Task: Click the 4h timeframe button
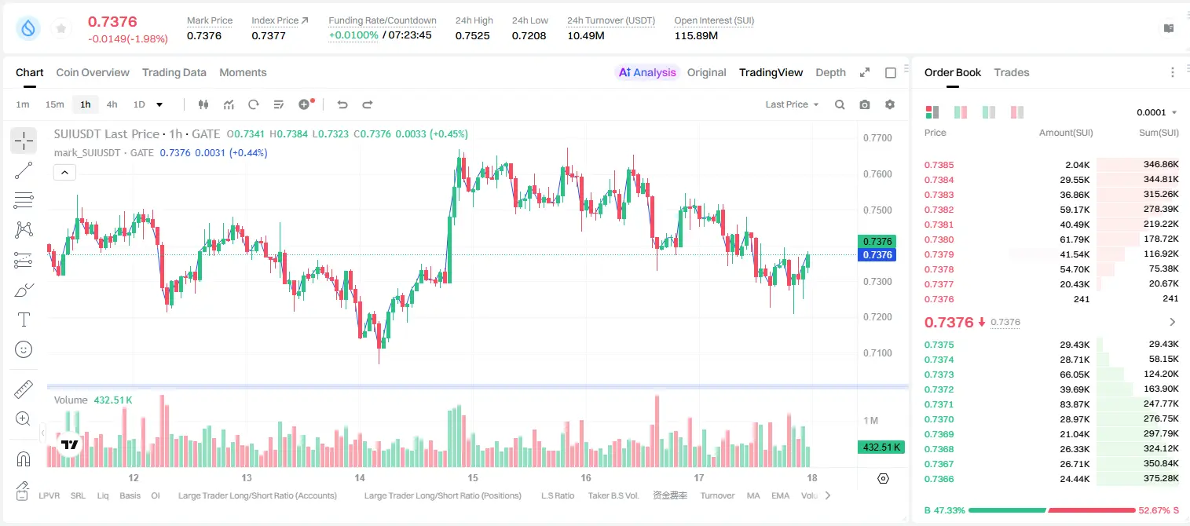point(112,104)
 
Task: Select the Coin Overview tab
point(93,72)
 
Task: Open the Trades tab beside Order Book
point(1012,72)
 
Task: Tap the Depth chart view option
point(830,72)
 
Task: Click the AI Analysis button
point(647,72)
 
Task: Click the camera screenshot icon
point(865,104)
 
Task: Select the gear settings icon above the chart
point(890,104)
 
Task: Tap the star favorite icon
point(61,28)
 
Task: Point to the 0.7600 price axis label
point(877,174)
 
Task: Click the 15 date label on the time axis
point(473,477)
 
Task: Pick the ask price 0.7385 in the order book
point(939,165)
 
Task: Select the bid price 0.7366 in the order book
point(939,479)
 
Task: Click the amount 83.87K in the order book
point(1075,404)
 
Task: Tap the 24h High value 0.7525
point(472,35)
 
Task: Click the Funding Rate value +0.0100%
point(353,35)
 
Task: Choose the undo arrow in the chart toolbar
point(342,104)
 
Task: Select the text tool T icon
point(24,320)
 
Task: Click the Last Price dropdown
point(792,104)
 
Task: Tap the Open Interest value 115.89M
point(696,35)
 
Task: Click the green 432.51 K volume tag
point(881,447)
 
